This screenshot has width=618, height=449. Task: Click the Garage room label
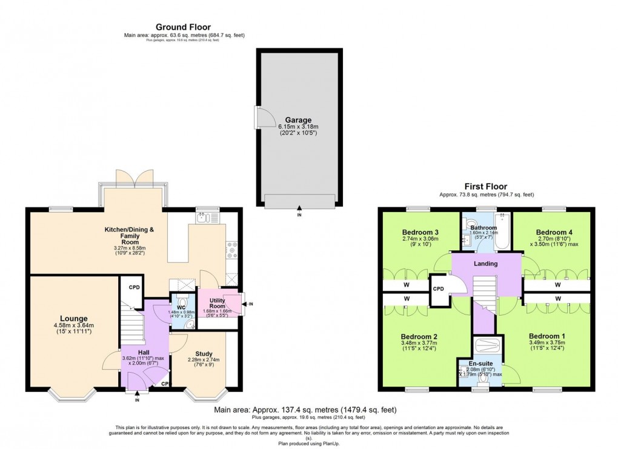[298, 120]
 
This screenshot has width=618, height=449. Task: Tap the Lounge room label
[73, 318]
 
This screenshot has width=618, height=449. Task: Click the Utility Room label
[218, 303]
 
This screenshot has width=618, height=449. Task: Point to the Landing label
[486, 264]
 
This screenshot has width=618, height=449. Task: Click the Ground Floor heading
[183, 27]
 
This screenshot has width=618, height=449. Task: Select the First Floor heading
[486, 187]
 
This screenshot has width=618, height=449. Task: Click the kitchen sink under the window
[206, 217]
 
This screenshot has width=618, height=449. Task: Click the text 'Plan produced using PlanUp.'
[308, 443]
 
